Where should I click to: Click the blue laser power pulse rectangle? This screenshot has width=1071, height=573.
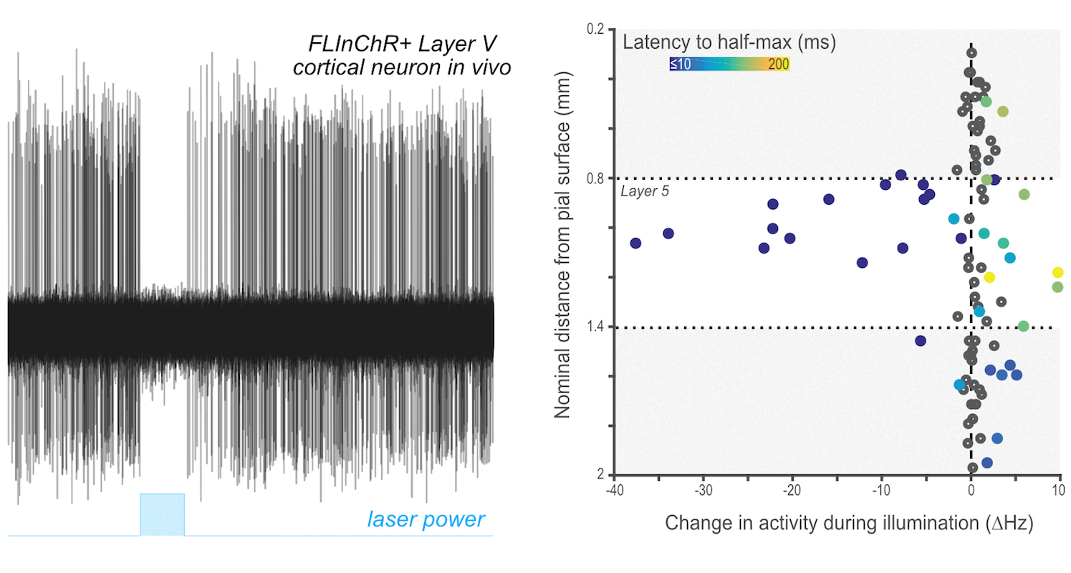click(x=162, y=514)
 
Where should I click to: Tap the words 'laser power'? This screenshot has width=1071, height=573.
click(x=426, y=519)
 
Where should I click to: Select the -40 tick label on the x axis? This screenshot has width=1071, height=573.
click(x=613, y=491)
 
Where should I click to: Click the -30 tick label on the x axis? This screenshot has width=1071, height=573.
click(x=703, y=491)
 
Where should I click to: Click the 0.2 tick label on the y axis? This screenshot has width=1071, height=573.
click(x=595, y=29)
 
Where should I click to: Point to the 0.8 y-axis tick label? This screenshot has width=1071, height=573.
click(x=595, y=178)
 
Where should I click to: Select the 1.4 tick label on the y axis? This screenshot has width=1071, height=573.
click(x=595, y=327)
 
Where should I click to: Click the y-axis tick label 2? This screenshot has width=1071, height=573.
click(x=601, y=475)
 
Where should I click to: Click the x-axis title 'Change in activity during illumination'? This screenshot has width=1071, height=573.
click(x=849, y=524)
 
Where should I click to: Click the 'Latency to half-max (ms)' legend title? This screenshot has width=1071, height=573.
click(x=729, y=43)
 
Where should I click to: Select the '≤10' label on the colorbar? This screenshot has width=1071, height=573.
click(x=680, y=64)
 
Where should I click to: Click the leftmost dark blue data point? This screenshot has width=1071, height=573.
click(x=635, y=244)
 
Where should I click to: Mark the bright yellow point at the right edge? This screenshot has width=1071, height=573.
click(x=1058, y=272)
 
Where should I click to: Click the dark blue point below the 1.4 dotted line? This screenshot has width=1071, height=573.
click(x=921, y=341)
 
